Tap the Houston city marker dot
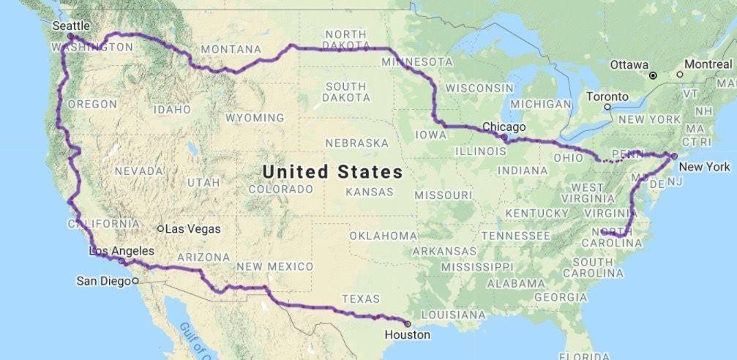tap(408, 323)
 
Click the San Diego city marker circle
tap(135, 280)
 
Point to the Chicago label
tap(504, 127)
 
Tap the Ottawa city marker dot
tap(653, 75)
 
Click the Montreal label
tap(708, 64)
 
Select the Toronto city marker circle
tap(607, 107)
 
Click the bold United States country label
tap(332, 172)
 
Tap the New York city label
tap(704, 167)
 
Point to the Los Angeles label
tap(121, 251)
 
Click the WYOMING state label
tap(255, 118)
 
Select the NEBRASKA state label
tap(356, 143)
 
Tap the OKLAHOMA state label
tap(383, 236)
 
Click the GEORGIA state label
tap(561, 297)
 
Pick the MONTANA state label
tap(231, 49)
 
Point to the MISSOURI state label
tap(443, 195)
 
